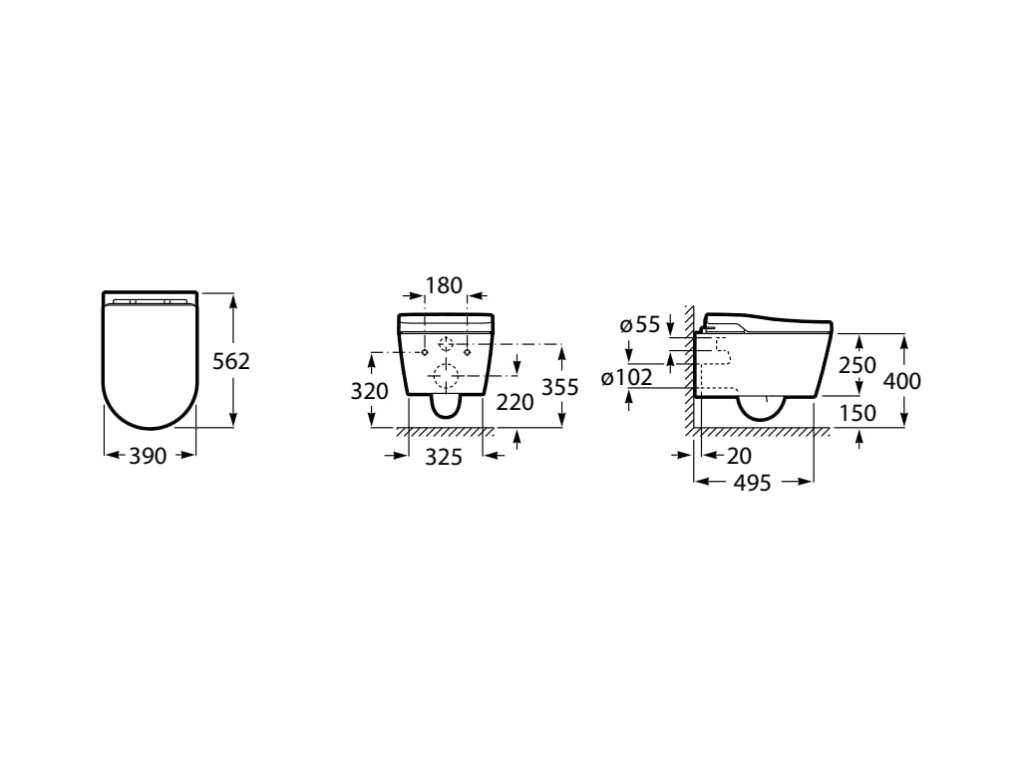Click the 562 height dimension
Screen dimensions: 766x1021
231,361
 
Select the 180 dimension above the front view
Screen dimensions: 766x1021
444,286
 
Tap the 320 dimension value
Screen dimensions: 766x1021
369,391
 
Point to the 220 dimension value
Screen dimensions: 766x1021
514,402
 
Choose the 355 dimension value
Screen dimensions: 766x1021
559,387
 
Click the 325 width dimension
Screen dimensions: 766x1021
445,458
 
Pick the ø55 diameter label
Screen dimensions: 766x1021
640,324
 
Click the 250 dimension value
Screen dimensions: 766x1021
857,366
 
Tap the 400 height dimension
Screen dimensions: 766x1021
902,380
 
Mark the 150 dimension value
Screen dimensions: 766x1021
857,412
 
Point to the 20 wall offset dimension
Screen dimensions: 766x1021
739,456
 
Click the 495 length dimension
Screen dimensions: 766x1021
752,483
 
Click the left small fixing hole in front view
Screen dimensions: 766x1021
425,351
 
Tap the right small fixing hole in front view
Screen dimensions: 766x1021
466,351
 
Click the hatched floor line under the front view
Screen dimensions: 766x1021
445,432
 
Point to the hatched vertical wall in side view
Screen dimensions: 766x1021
689,369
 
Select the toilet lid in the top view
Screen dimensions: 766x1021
150,359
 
